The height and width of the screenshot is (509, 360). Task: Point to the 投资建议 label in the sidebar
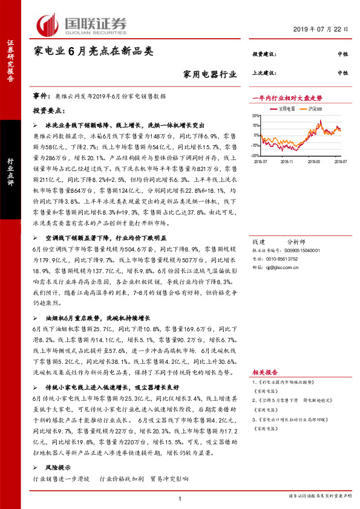[264, 54]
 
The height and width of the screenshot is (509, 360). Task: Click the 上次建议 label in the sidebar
[264, 73]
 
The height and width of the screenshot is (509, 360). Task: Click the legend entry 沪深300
[314, 109]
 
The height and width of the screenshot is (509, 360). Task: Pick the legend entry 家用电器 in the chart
[287, 109]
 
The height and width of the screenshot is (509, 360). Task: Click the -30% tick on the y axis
[255, 155]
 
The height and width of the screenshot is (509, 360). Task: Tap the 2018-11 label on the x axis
[286, 161]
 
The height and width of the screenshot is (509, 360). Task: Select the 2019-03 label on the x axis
[314, 161]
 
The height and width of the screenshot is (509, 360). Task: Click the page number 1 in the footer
[180, 498]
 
